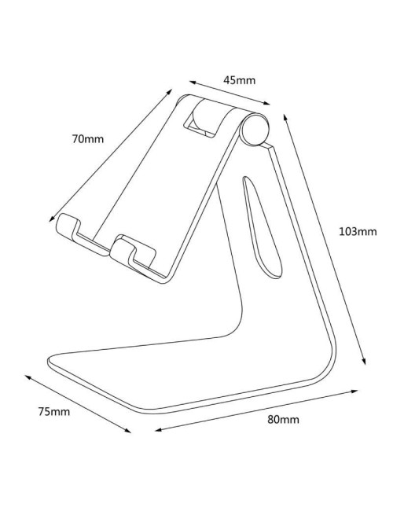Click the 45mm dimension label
(x=240, y=79)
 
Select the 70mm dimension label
(x=87, y=140)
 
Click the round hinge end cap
(x=256, y=129)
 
